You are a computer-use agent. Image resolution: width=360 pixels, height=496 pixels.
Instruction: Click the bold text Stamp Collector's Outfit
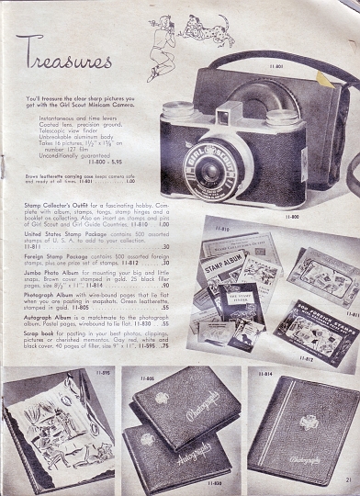56,199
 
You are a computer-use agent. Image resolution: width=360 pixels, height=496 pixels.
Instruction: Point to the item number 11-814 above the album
265,375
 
